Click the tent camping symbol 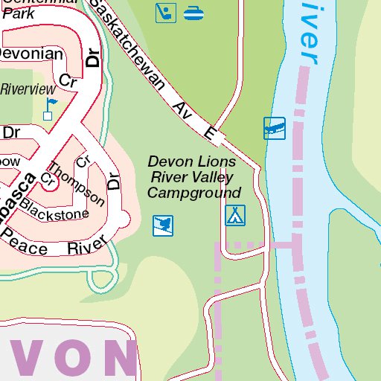coord(235,216)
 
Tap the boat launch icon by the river coord(275,128)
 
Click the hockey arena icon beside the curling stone coord(166,13)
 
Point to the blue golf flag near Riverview coord(50,103)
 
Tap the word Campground coord(195,193)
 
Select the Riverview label coord(24,89)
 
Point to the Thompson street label coord(77,183)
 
